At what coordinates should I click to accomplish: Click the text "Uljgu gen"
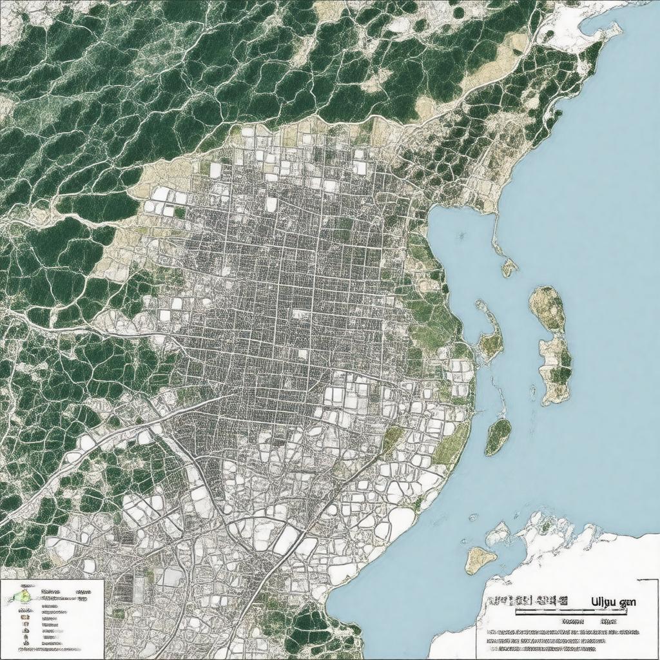(613, 602)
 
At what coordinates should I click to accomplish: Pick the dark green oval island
(498, 436)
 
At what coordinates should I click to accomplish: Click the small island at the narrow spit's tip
(509, 267)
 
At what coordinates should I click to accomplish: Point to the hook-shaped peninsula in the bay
(490, 335)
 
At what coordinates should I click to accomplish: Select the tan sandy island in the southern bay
(480, 559)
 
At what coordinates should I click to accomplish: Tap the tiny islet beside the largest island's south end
(532, 389)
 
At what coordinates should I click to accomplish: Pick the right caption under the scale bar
(609, 622)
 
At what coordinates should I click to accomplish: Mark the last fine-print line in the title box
(561, 650)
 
